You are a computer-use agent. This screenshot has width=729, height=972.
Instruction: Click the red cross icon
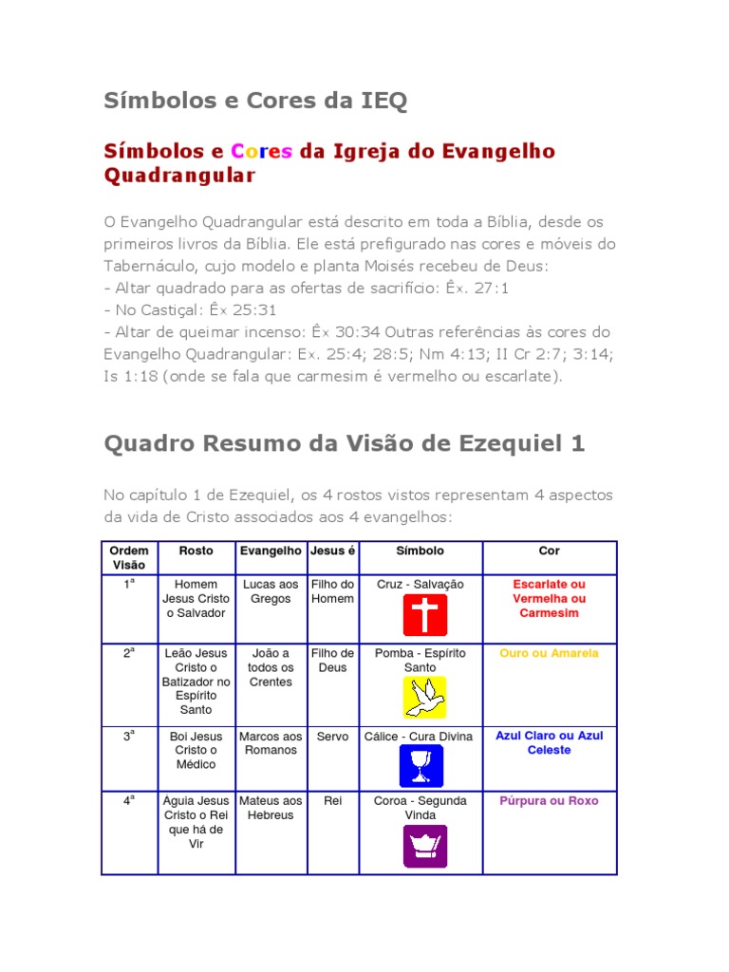coord(423,615)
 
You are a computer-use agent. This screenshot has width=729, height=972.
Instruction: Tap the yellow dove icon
coord(423,698)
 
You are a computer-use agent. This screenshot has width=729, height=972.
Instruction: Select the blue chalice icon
coord(421,765)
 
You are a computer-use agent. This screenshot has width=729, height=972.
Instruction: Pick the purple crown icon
coord(424,846)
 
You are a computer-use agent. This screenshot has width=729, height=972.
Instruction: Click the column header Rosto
coord(196,551)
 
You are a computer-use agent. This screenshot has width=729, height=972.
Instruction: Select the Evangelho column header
coord(271,551)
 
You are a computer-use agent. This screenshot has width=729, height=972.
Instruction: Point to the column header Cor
coord(549,551)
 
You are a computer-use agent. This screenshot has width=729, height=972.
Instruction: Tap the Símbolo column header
coord(420,551)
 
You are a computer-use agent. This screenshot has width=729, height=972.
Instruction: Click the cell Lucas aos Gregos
coord(271,591)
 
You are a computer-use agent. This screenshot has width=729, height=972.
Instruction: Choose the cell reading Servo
coord(332,737)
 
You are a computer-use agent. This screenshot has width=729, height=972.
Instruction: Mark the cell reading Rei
coord(332,801)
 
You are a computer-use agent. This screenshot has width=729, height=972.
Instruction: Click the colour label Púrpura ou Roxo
coord(549,801)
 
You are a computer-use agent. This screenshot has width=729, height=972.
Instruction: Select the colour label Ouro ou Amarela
coord(549,653)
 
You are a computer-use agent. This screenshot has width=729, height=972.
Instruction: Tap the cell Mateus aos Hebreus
coord(271,808)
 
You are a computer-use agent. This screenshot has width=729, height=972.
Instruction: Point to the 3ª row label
coord(129,736)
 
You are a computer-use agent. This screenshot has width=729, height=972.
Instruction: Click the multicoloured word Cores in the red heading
coord(261,152)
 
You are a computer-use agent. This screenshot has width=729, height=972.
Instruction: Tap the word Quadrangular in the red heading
coord(179,176)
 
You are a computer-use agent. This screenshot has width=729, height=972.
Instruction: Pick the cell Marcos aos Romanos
coord(271,743)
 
